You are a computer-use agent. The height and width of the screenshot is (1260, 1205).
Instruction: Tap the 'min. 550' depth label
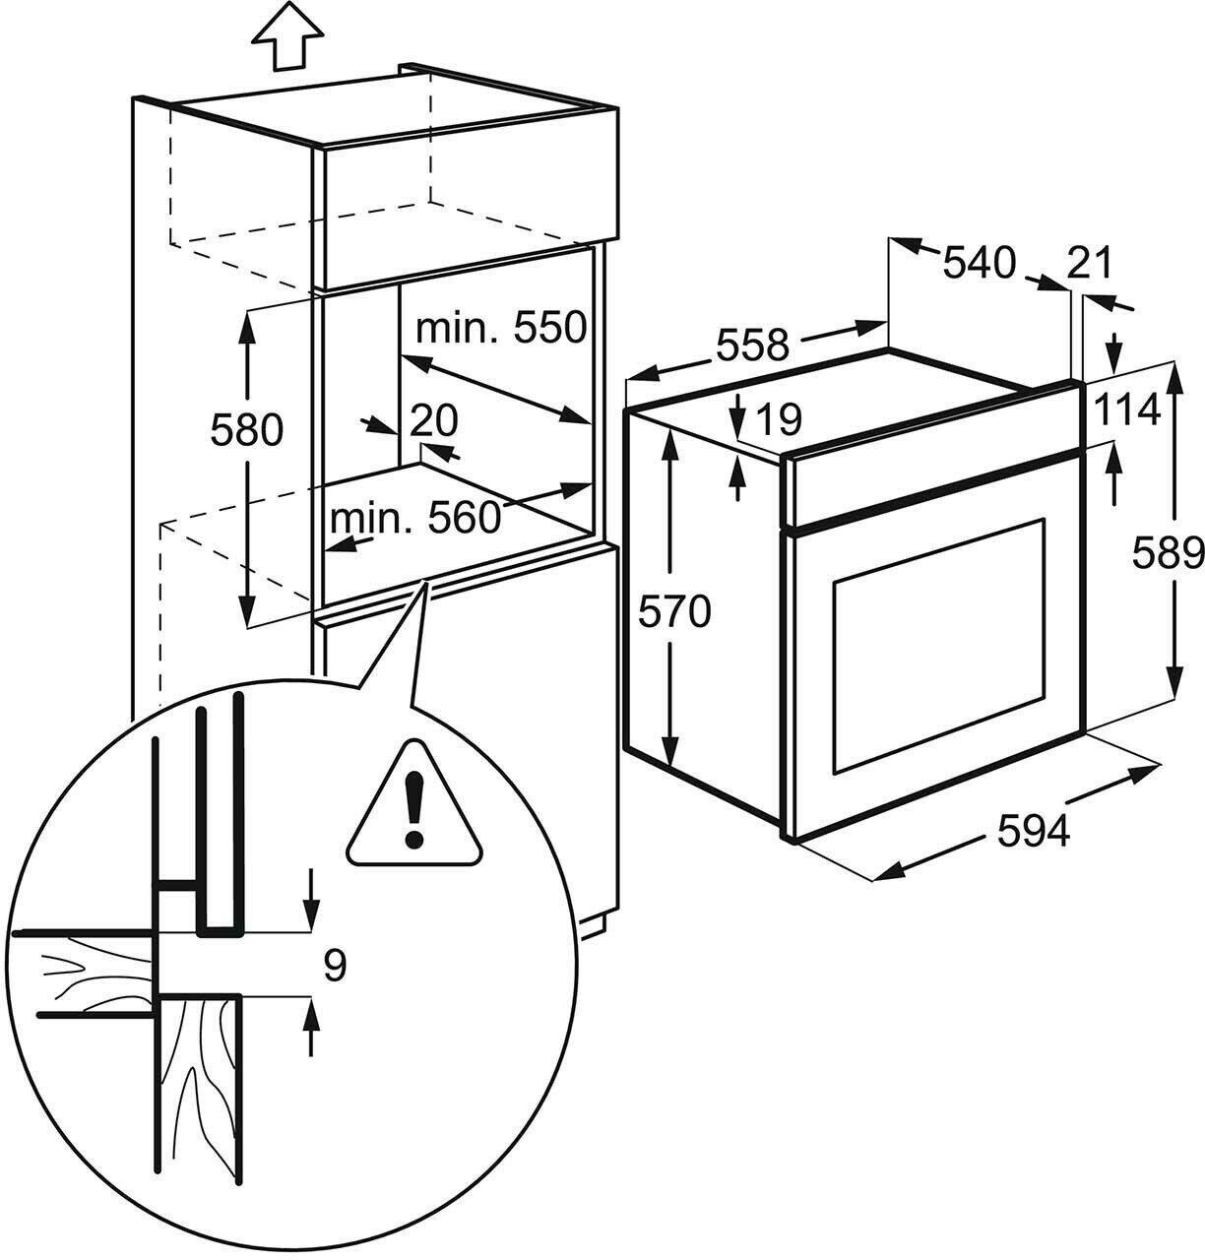(x=501, y=327)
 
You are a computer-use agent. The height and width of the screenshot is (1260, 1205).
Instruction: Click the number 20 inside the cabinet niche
(x=434, y=420)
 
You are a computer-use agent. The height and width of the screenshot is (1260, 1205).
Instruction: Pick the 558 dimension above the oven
(x=752, y=345)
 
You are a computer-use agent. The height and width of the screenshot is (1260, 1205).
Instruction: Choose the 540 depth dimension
(x=979, y=263)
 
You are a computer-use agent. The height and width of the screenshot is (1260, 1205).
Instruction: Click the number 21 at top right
(x=1089, y=263)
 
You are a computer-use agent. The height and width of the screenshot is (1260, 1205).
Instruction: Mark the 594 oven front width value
(x=1033, y=832)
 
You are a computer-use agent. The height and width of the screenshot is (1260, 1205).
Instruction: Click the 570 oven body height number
(x=674, y=612)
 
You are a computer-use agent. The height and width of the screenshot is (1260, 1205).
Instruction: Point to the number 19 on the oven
(x=782, y=419)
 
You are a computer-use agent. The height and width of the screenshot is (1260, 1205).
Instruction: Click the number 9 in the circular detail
(x=335, y=966)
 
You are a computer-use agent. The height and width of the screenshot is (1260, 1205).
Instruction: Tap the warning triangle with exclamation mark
(x=414, y=806)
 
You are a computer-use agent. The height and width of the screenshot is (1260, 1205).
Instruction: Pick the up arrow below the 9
(x=312, y=1029)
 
